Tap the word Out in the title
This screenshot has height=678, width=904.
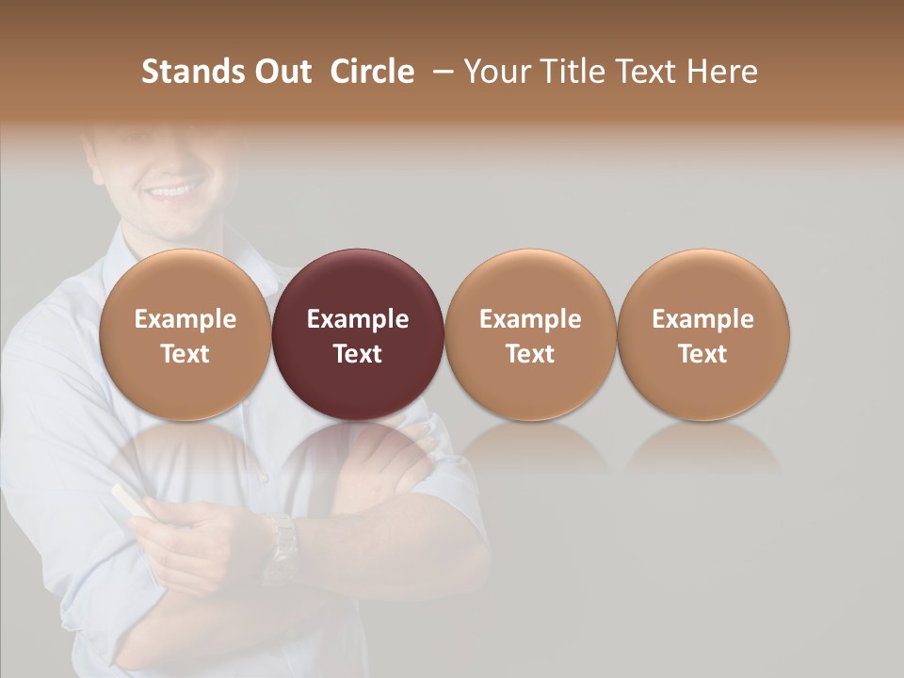tap(280, 72)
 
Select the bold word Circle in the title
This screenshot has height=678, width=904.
tap(372, 72)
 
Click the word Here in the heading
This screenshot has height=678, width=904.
tap(723, 72)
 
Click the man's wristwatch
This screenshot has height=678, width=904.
tap(280, 546)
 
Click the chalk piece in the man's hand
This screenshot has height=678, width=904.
tap(129, 499)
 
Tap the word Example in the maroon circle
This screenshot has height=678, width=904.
tap(358, 319)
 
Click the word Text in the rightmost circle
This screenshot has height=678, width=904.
tap(703, 354)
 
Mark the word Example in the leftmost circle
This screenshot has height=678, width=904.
tap(186, 319)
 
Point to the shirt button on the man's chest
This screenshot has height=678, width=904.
tap(263, 478)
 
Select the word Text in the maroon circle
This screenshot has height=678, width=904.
tap(358, 354)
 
